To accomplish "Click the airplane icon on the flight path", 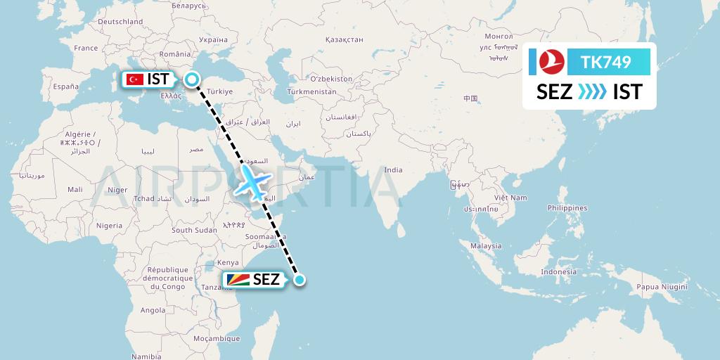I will pos(252,183).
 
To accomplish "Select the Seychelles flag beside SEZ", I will pos(237,280).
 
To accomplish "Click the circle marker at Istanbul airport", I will pos(191,80).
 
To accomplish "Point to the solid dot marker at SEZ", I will pos(299,280).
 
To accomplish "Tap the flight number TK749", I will pos(605,63).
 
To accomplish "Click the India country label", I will pos(393,169).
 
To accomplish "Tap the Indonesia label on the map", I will pos(559,272).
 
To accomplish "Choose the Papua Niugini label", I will pos(661,285).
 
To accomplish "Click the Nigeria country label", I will pos(109,226).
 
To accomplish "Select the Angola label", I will pos(153,309).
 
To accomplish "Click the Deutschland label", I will pos(120,22).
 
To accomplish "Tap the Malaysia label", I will pos(486,245).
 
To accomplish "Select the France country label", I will pos(86,48).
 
